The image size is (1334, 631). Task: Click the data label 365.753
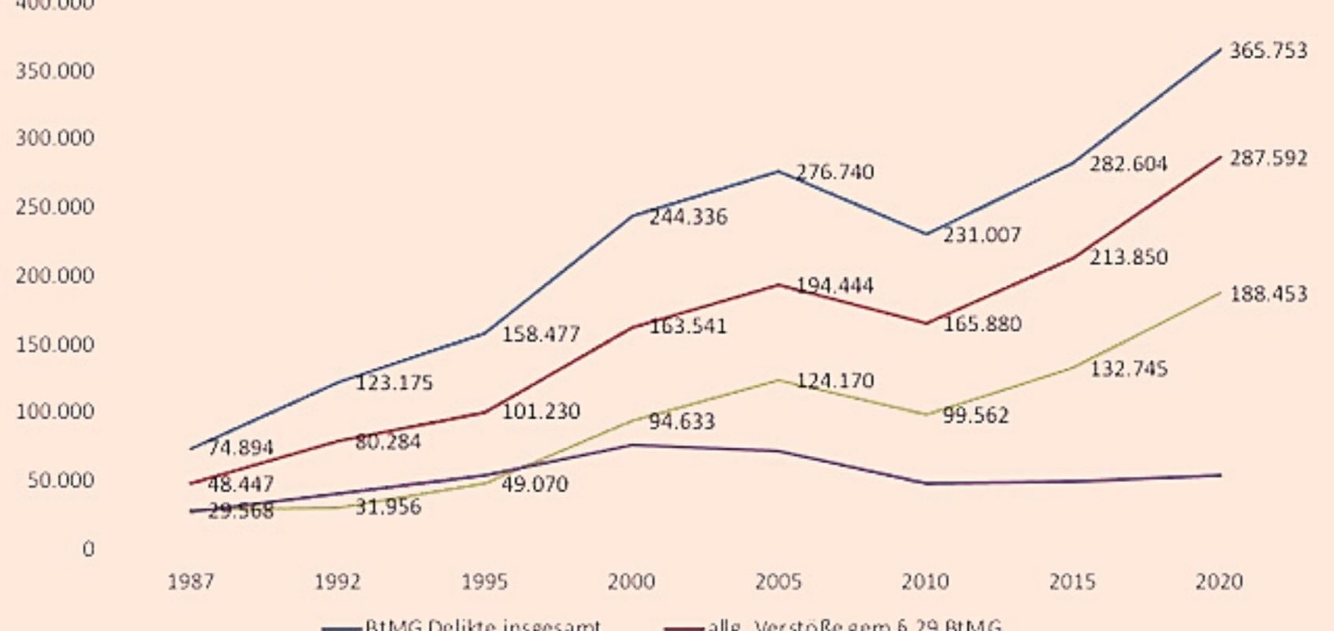1268,50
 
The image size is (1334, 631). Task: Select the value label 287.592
1268,159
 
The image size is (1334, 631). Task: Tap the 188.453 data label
1268,294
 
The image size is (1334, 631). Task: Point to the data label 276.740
835,172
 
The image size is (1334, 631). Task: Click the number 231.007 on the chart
982,235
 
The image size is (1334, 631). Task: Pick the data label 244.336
687,217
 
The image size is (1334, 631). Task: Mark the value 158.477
541,334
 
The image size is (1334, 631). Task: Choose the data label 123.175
394,383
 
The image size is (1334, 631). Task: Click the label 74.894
240,448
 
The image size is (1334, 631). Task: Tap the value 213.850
1128,257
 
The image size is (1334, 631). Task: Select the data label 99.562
975,416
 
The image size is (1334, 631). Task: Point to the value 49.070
535,484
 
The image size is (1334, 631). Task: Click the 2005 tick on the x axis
778,582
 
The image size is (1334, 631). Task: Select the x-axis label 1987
191,582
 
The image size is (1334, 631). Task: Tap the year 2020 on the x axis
1219,582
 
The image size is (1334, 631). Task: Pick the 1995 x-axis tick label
484,582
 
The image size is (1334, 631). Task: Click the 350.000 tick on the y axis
54,71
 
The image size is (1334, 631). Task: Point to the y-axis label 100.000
54,412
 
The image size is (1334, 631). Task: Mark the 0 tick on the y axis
88,549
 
